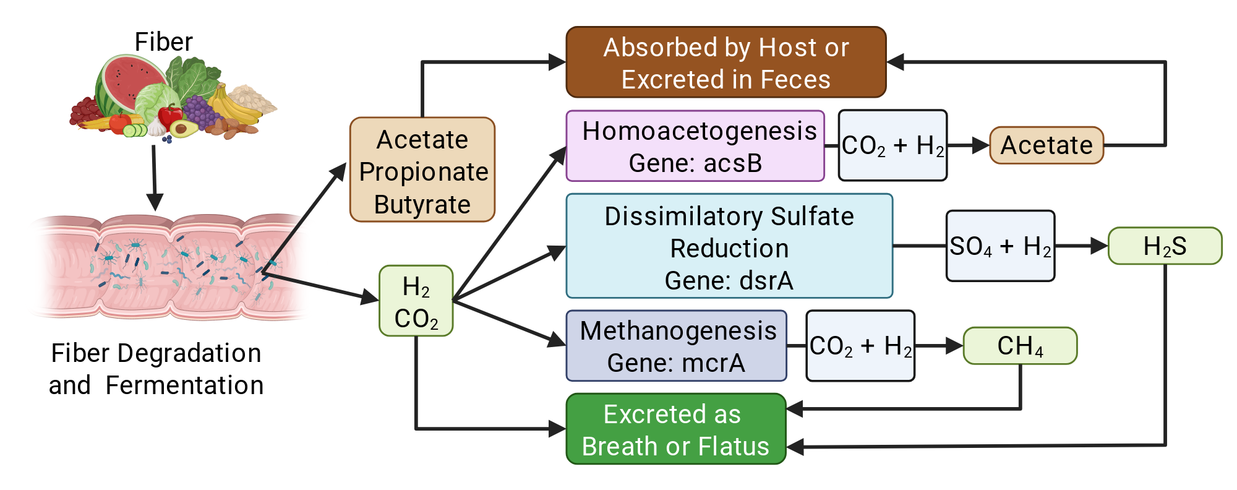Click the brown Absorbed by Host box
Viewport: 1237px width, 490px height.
click(x=726, y=62)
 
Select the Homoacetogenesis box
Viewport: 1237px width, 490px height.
click(x=695, y=146)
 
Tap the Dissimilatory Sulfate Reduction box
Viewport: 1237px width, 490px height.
click(x=729, y=246)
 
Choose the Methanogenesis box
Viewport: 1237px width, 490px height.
click(x=677, y=346)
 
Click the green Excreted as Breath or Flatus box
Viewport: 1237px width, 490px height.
click(x=676, y=429)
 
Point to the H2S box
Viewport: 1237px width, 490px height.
click(x=1165, y=246)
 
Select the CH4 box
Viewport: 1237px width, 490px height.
click(x=1020, y=346)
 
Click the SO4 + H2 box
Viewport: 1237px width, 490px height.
click(x=1000, y=246)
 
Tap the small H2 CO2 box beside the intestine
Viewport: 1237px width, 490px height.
click(x=416, y=301)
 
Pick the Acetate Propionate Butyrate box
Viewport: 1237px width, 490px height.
click(x=422, y=170)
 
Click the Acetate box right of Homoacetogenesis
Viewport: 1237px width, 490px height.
click(x=1047, y=145)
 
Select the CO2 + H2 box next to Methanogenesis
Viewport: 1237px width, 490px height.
click(x=860, y=346)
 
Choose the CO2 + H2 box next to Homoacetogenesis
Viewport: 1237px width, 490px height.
click(x=892, y=145)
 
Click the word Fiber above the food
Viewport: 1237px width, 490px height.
click(x=164, y=42)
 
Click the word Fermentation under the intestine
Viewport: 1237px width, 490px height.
click(x=185, y=385)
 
